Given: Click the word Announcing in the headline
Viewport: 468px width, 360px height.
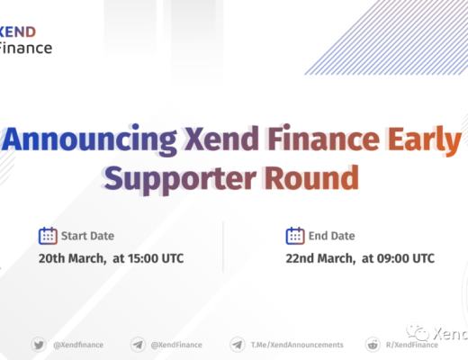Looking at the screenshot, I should click(90, 141).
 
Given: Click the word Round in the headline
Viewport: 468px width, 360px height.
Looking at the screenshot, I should click(310, 177).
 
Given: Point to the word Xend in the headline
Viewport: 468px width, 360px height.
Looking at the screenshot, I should click(216, 141).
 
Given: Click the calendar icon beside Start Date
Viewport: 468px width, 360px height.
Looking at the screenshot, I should click(48, 236).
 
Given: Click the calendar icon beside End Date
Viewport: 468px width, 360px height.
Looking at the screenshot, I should click(295, 236).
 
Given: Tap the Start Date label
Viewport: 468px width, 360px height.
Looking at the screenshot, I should click(87, 237).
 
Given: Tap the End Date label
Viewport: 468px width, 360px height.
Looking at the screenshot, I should click(332, 237).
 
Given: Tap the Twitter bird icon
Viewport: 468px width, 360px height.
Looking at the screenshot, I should click(39, 344).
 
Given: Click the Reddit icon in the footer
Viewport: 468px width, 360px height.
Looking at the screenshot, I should click(373, 344).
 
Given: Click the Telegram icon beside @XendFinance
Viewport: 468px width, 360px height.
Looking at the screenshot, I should click(138, 344).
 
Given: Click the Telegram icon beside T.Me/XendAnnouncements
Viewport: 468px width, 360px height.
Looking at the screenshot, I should click(238, 344).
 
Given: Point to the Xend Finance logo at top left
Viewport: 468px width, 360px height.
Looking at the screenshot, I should click(25, 40).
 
